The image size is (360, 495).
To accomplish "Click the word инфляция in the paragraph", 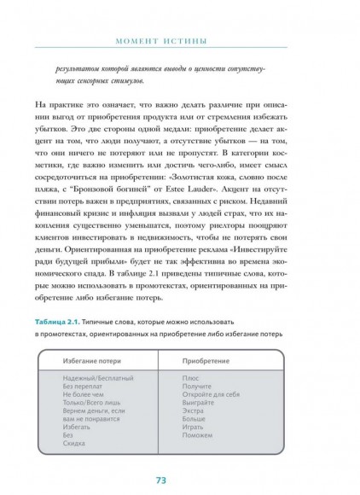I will [x=143, y=201].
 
